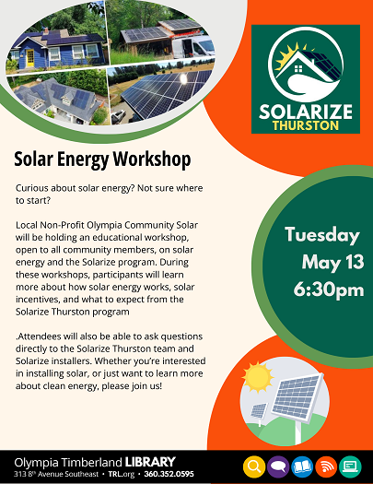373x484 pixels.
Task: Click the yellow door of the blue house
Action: click(29, 58)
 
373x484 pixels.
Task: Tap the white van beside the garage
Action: click(193, 47)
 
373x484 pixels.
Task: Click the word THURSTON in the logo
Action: click(306, 125)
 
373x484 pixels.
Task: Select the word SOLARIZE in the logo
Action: click(306, 112)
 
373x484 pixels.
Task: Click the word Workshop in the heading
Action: click(152, 159)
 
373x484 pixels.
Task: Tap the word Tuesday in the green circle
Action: click(322, 235)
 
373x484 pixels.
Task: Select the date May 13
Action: click(332, 263)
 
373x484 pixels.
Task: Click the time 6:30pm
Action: click(329, 290)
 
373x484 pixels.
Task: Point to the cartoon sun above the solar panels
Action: click(257, 376)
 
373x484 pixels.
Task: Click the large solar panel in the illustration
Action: click(297, 396)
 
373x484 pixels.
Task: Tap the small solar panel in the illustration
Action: click(259, 411)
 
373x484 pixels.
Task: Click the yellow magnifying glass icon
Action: click(254, 466)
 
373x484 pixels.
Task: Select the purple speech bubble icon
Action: click(278, 466)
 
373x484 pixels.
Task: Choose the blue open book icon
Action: click(302, 466)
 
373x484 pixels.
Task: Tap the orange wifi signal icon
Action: click(326, 466)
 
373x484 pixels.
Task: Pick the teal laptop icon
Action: click(350, 466)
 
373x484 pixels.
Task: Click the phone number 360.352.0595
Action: click(169, 474)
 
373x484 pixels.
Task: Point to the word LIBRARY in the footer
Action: click(150, 463)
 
